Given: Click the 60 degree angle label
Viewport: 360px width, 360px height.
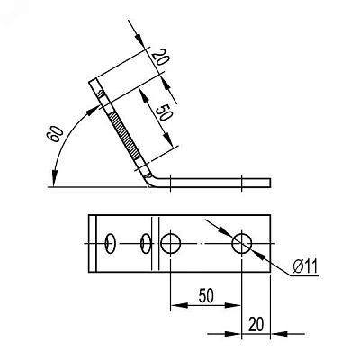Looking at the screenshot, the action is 55,133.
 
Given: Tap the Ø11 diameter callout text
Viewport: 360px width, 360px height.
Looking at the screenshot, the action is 305,265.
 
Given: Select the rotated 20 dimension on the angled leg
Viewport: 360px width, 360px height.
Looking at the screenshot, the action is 160,57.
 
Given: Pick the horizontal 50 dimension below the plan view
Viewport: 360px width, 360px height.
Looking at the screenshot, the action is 206,296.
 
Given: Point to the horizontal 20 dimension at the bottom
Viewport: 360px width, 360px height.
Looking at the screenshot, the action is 256,324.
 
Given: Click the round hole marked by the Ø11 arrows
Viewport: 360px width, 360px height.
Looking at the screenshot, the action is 242,243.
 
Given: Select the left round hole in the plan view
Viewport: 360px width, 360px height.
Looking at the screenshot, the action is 171,243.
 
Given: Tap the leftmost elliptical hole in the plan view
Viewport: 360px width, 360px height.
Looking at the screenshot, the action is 110,243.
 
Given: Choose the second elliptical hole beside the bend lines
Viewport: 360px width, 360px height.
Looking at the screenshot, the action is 146,243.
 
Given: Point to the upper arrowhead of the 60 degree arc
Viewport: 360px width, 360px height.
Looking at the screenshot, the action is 93,111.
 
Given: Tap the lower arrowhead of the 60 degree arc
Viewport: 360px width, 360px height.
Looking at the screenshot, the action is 54,178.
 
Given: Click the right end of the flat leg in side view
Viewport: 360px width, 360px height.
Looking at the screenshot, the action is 271,183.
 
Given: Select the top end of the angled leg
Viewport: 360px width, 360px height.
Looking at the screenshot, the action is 93,80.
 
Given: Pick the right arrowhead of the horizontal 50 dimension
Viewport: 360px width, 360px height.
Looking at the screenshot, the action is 233,305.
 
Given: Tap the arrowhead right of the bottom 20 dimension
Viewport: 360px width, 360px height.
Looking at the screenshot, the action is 279,333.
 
